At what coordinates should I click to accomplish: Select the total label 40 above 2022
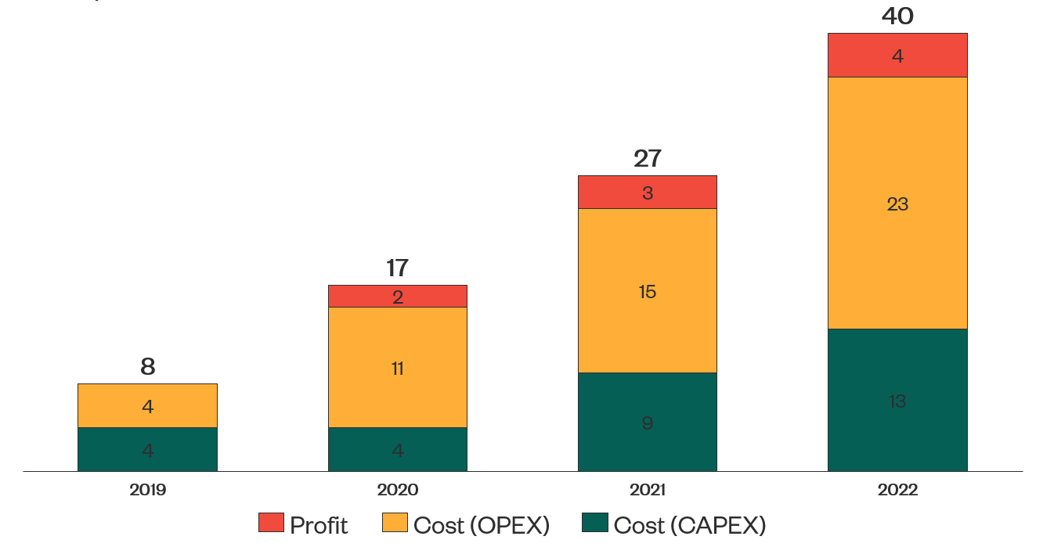897,16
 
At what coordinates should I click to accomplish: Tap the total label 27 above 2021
648,159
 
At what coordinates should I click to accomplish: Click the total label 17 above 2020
397,268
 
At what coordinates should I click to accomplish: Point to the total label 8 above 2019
147,367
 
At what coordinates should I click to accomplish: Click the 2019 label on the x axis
147,491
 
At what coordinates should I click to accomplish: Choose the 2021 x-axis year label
648,491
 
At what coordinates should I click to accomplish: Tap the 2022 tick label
897,491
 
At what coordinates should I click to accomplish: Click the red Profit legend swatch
271,523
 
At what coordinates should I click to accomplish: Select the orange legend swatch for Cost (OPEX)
395,523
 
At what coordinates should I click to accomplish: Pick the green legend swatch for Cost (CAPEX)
595,523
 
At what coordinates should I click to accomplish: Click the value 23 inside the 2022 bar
897,204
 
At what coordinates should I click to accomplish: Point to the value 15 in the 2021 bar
648,292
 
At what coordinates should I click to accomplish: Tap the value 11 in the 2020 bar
397,369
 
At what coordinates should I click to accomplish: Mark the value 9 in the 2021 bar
648,423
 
